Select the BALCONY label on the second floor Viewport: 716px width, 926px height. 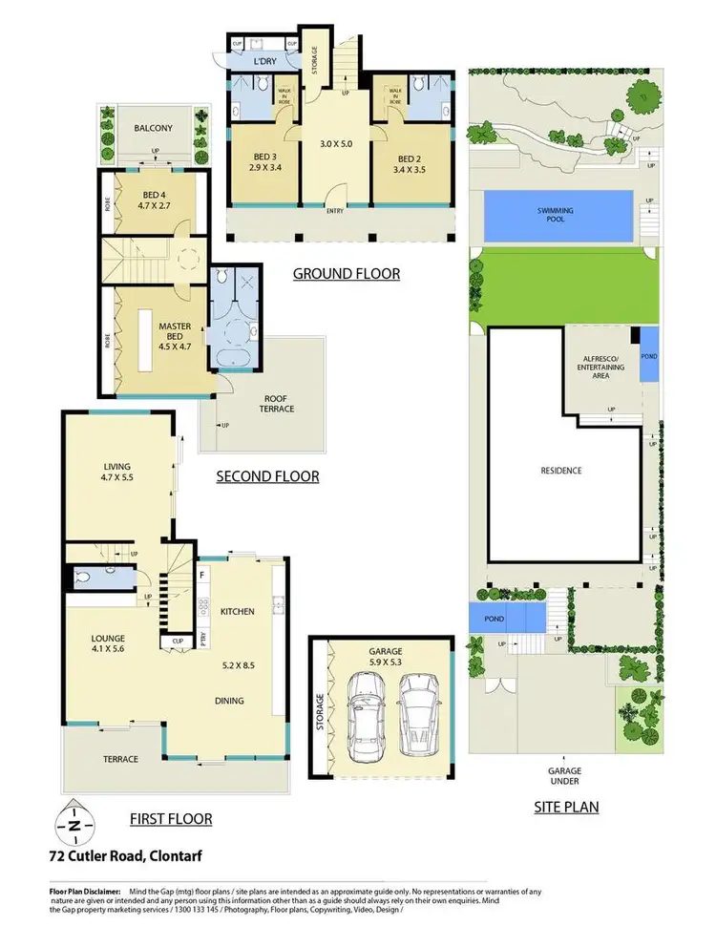pos(152,127)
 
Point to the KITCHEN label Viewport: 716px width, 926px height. pos(236,611)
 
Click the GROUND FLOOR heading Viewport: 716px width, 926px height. pos(346,274)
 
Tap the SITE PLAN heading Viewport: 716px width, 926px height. pos(565,807)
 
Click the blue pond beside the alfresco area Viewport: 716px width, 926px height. pos(649,355)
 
